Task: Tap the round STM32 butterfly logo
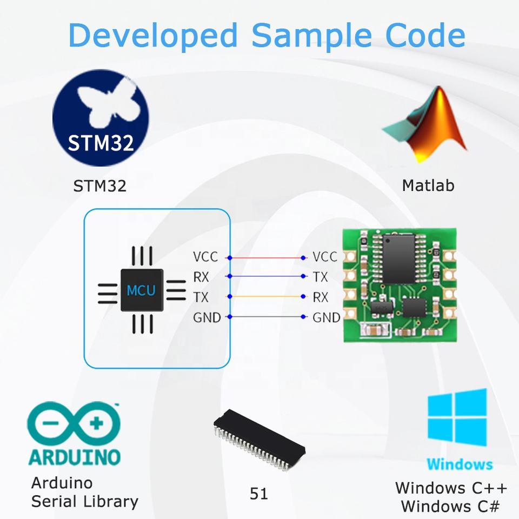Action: point(101,121)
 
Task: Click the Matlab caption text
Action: point(428,185)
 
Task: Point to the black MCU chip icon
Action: point(141,290)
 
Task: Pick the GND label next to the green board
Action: point(327,317)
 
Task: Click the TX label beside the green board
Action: point(321,277)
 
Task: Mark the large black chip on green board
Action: point(398,258)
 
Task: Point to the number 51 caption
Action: point(259,494)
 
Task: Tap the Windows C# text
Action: point(450,507)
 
